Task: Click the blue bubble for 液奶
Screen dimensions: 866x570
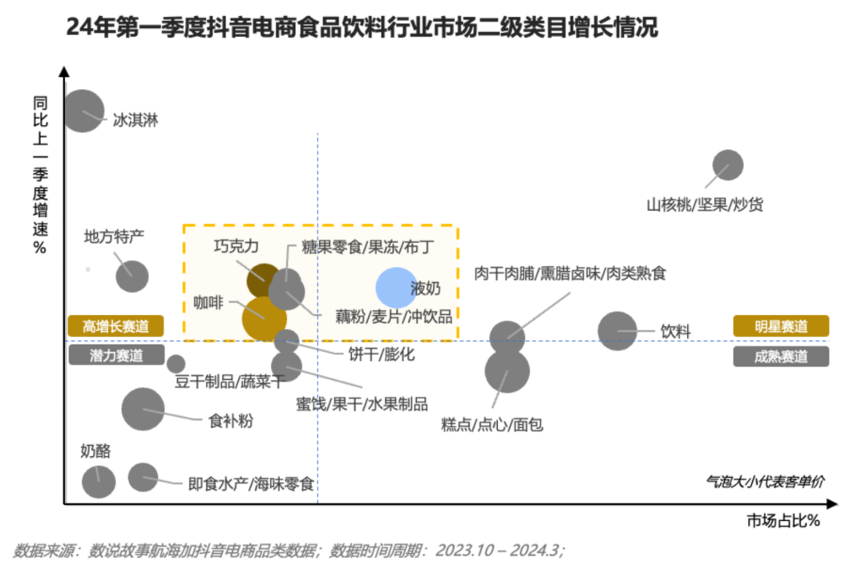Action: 396,288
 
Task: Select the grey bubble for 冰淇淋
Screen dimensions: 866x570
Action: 83,111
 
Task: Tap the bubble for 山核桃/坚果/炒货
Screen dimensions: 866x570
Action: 727,164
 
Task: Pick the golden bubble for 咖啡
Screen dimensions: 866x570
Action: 264,319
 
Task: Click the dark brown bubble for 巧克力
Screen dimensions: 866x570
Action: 264,280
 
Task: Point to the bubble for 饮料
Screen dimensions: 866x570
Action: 617,331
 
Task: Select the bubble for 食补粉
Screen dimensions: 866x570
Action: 143,410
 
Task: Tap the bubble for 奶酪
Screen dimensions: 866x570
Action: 99,482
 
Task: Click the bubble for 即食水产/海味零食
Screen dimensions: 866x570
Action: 143,477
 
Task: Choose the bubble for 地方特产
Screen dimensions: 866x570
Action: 132,276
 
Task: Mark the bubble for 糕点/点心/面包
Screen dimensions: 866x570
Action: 507,371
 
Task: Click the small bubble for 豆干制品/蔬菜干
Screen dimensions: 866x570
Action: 176,364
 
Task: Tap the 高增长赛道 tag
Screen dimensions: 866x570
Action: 116,325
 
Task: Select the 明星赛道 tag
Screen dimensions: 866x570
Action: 781,325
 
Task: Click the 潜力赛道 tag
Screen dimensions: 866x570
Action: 116,354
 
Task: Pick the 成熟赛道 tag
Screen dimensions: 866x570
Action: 781,356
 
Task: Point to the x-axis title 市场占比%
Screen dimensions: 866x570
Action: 783,520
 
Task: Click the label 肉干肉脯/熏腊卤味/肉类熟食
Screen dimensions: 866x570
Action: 570,273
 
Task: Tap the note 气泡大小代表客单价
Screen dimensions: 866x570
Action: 765,482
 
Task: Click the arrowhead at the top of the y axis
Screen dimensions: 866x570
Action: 65,72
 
